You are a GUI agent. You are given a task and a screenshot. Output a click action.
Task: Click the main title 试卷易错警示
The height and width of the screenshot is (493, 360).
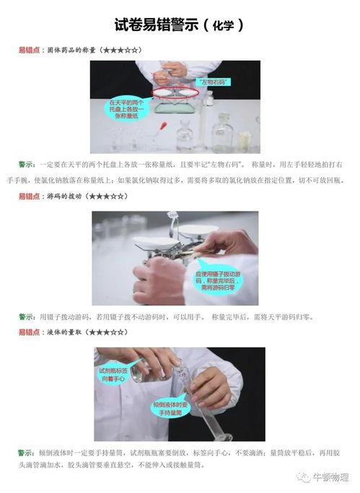154,25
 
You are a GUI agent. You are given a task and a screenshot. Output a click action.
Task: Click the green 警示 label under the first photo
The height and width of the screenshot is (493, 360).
27,165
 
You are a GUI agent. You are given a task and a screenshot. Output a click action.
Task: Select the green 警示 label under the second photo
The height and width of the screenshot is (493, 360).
27,316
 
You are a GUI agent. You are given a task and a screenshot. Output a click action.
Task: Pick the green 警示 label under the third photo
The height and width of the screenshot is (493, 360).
27,452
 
